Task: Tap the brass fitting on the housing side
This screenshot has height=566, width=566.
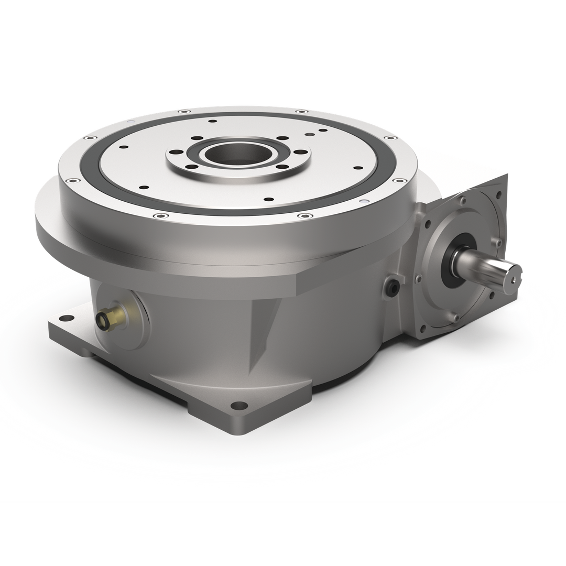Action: (110, 316)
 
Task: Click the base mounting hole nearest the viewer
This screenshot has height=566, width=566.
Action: (239, 405)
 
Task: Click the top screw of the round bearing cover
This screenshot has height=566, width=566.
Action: (462, 201)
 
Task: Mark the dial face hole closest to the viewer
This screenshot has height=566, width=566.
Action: (269, 199)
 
